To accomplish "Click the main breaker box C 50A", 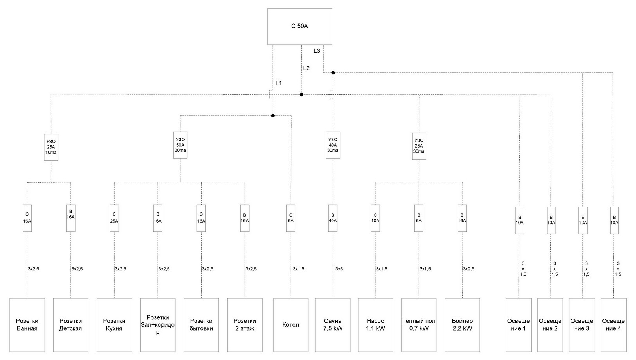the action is click(x=299, y=26).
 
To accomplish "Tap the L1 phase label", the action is click(x=279, y=83).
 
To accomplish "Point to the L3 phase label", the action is click(x=317, y=51).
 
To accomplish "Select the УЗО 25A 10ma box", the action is click(x=51, y=147).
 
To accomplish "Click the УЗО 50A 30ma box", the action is click(x=180, y=145).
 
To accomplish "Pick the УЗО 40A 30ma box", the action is click(x=333, y=145).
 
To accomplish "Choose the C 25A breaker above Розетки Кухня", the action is click(x=114, y=218).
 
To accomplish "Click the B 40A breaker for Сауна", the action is click(x=333, y=218).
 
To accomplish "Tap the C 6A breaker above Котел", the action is click(x=291, y=218).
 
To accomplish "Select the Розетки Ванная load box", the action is click(x=27, y=325).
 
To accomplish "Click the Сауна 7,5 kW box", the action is click(x=333, y=325).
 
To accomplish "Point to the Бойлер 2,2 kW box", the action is click(x=462, y=325).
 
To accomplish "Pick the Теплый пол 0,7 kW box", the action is click(x=419, y=325).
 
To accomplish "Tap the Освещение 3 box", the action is click(x=582, y=325).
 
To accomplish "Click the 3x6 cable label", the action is click(x=339, y=269).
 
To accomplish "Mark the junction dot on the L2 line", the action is click(x=301, y=95).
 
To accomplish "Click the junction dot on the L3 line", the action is click(x=333, y=73).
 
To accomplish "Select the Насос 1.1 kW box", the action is click(x=375, y=325).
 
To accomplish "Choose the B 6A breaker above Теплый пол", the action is click(x=419, y=218).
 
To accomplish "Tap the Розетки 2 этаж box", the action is click(x=245, y=325).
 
